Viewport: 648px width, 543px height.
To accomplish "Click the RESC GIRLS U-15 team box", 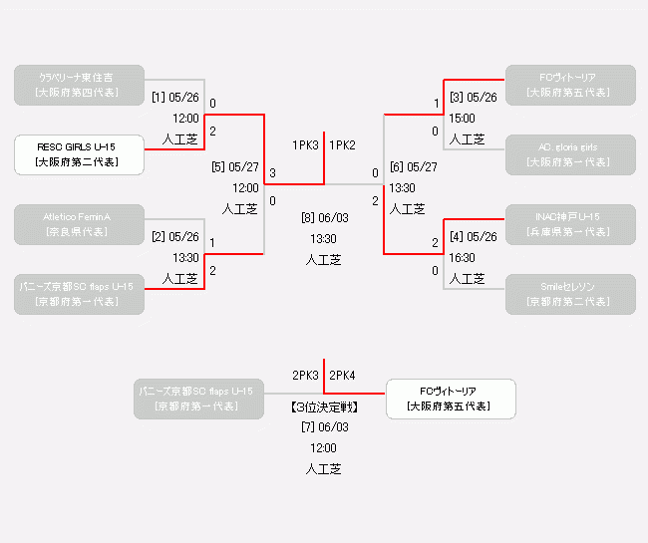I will [x=79, y=154].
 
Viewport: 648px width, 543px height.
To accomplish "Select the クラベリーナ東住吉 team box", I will [x=79, y=85].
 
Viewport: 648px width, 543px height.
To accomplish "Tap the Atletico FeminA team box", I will [x=79, y=224].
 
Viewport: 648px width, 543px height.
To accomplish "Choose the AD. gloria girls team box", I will [x=569, y=154].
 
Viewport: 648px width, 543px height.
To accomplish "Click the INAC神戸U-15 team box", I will [x=569, y=224].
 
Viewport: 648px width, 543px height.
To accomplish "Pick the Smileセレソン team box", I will [x=569, y=294].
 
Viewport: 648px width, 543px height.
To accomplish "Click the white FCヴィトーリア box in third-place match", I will [x=451, y=399].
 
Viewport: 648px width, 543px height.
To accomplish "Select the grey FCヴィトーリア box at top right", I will [x=569, y=85].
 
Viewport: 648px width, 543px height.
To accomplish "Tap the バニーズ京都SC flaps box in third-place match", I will [x=198, y=399].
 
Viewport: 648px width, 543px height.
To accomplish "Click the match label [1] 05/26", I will [x=175, y=98].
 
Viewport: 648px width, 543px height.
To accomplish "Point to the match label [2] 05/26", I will [x=175, y=237].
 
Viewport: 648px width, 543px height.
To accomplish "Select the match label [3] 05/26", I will [x=473, y=98].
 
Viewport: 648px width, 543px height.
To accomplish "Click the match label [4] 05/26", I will [x=473, y=237].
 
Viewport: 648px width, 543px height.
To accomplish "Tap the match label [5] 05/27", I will [x=235, y=167].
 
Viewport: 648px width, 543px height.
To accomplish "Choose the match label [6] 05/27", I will [x=413, y=167].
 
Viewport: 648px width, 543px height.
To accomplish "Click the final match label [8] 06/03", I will [x=324, y=217].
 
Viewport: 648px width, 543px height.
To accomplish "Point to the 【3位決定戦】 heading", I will [x=324, y=407].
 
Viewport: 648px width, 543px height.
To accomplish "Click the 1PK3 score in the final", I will [x=305, y=145].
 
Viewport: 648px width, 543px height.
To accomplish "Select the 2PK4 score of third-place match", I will [x=342, y=376].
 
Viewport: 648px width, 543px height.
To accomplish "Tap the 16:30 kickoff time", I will [x=462, y=257].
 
